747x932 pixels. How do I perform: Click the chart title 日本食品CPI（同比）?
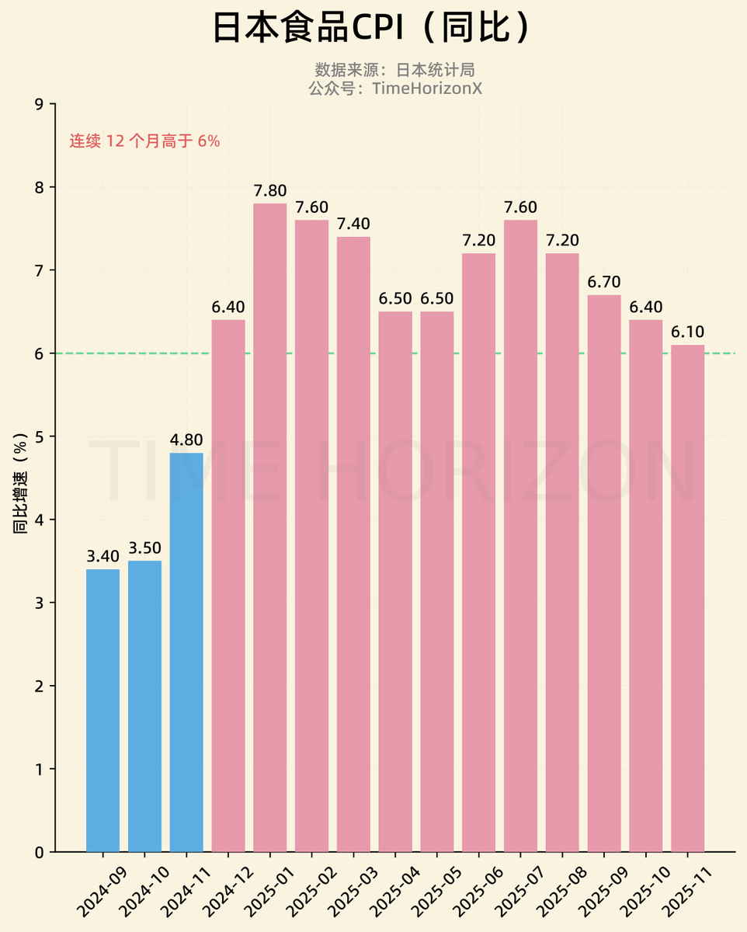point(373,29)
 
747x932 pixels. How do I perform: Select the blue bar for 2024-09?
point(102,710)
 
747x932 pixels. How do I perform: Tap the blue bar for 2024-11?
point(186,652)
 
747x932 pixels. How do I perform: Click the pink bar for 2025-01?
point(270,527)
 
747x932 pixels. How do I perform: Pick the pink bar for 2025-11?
point(687,598)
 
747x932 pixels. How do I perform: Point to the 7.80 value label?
point(270,190)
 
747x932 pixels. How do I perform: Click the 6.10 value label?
point(687,332)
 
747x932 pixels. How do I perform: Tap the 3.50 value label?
point(144,548)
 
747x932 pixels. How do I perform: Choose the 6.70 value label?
point(604,282)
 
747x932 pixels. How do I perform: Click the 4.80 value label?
point(186,440)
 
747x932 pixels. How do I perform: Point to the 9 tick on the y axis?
point(40,104)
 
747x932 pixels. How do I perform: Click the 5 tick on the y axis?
point(40,436)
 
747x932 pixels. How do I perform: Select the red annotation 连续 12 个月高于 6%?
point(145,141)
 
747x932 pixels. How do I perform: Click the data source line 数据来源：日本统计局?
point(394,70)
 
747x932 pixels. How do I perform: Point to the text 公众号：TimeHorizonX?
point(394,88)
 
